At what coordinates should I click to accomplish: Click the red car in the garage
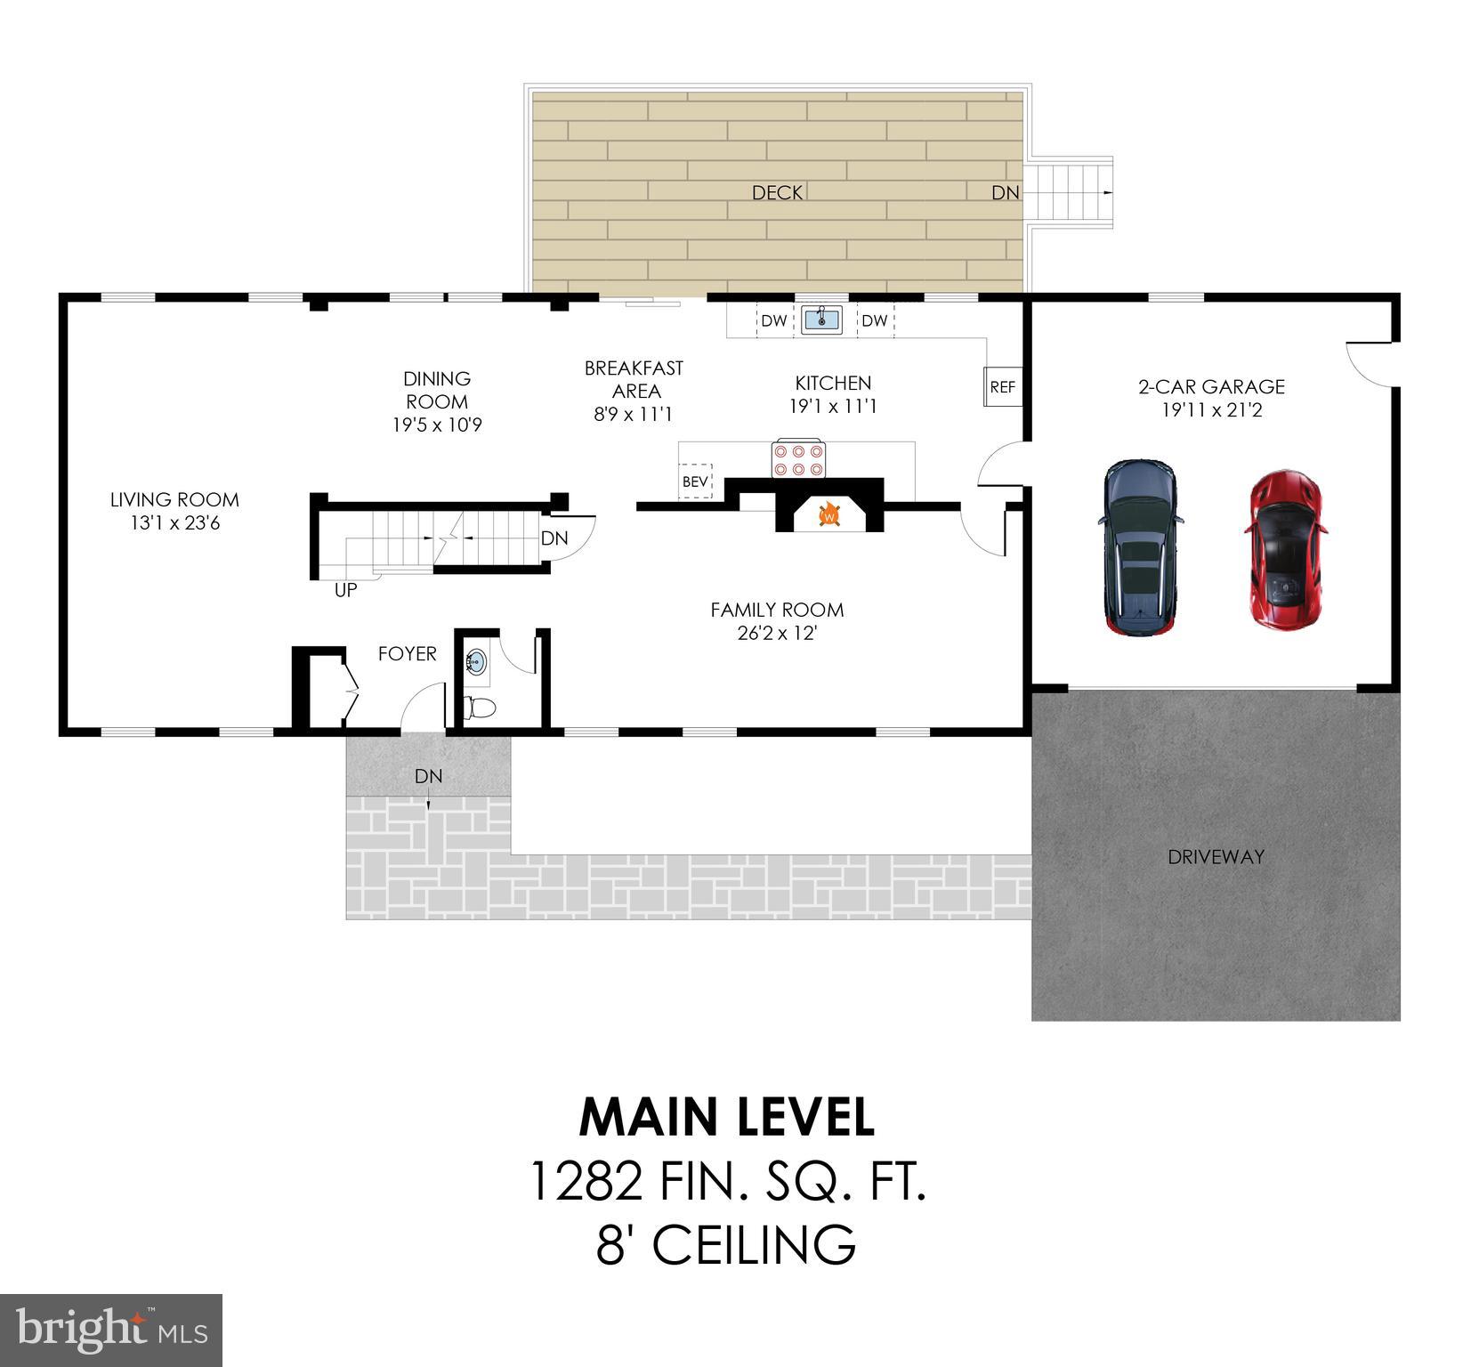click(x=1285, y=551)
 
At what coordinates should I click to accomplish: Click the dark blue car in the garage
click(x=1140, y=546)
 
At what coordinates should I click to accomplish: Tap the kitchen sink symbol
click(x=822, y=320)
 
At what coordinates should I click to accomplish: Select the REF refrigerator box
click(x=1003, y=387)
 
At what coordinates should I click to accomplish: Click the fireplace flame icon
click(x=829, y=514)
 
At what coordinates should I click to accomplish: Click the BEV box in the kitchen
click(x=695, y=481)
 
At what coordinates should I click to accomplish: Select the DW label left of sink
click(x=773, y=320)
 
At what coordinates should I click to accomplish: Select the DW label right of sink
click(x=874, y=320)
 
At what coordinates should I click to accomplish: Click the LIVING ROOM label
click(x=174, y=500)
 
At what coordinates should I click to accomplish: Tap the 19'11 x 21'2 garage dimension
click(x=1211, y=410)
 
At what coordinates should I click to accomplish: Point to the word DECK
click(x=777, y=192)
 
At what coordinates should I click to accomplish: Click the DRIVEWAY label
click(x=1216, y=857)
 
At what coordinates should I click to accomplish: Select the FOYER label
click(x=407, y=654)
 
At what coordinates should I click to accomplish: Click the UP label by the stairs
click(x=345, y=590)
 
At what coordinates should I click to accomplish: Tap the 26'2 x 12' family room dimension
click(x=777, y=634)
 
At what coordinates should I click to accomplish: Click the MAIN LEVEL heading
click(x=726, y=1118)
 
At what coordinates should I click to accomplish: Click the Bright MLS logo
click(x=111, y=1330)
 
